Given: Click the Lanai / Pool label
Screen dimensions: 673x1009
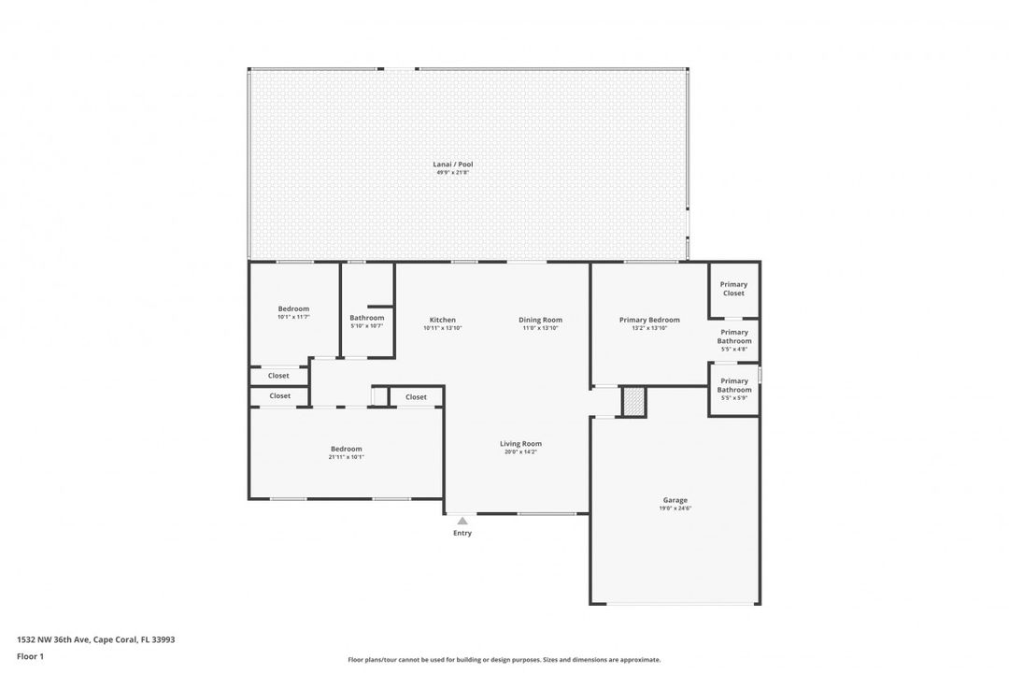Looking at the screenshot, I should point(454,165).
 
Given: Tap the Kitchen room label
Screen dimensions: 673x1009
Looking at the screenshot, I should point(442,320).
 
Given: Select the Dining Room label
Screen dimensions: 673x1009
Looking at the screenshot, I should point(540,320).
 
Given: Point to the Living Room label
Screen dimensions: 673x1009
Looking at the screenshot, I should point(520,444).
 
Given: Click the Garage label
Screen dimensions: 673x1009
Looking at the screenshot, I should point(675,500).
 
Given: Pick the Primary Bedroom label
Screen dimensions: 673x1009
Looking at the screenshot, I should point(649,320).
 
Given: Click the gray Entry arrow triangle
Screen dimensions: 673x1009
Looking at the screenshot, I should point(462,521).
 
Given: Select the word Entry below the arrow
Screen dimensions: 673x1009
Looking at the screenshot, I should point(462,534).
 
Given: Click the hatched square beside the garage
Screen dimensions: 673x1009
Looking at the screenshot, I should point(633,401).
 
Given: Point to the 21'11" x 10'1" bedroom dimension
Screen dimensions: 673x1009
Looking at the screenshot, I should point(346,457).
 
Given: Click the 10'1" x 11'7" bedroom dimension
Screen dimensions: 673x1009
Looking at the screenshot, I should point(293,317).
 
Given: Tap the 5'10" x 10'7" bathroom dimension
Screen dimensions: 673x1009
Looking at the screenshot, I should point(366,326).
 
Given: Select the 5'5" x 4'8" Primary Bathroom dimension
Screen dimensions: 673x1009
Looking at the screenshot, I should point(733,350).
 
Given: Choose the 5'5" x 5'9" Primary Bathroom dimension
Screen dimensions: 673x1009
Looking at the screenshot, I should point(733,398).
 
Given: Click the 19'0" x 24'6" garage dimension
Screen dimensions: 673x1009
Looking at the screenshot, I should point(675,509).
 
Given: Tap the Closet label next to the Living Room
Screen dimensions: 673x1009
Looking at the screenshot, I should point(416,397).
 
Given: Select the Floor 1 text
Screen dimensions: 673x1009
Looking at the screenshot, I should point(30,657).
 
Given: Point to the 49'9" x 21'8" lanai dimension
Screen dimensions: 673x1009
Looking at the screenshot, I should point(454,173).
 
